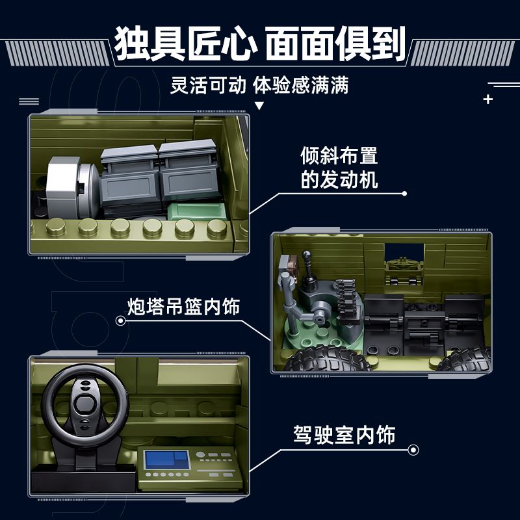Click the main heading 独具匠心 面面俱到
pyautogui.click(x=260, y=44)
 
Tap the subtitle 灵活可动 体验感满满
pyautogui.click(x=260, y=86)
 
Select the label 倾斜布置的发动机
pyautogui.click(x=339, y=167)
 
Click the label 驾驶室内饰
pyautogui.click(x=344, y=434)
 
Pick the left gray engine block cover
pyautogui.click(x=129, y=175)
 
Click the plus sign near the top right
pyautogui.click(x=488, y=99)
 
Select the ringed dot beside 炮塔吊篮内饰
pyautogui.click(x=120, y=320)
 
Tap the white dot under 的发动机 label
pyautogui.click(x=404, y=194)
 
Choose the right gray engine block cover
pyautogui.click(x=188, y=172)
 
